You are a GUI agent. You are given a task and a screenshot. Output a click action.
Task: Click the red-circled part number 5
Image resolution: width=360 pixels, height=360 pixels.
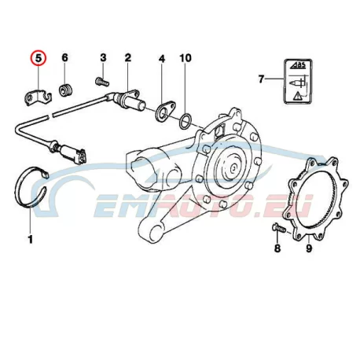click(x=39, y=58)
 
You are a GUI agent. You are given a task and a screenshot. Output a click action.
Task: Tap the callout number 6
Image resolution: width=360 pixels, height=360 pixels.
click(x=64, y=57)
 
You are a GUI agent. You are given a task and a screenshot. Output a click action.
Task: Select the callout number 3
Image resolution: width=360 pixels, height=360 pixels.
click(x=103, y=57)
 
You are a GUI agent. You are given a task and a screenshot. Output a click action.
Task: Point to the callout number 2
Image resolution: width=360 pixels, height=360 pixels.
click(x=128, y=57)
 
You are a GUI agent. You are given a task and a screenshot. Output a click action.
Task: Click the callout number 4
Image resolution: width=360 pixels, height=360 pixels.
click(x=162, y=59)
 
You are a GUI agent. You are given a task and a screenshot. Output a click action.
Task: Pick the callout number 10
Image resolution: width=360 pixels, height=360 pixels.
click(x=186, y=58)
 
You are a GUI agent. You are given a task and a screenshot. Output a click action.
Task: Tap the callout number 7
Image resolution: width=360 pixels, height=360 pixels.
click(x=261, y=79)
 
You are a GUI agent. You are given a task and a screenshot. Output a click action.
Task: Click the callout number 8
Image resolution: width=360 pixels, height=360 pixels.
click(x=277, y=248)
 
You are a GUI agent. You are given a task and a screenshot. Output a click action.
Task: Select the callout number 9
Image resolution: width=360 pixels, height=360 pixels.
click(x=309, y=248)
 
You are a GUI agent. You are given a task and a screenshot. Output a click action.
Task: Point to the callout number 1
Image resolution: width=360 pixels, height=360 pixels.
click(x=31, y=239)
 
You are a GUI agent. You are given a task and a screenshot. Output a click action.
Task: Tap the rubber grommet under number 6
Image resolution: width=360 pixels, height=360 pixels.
click(x=65, y=90)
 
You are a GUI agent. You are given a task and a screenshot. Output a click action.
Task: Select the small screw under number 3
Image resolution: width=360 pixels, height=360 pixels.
click(x=102, y=81)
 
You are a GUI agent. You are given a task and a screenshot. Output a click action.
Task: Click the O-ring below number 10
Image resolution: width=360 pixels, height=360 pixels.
click(x=186, y=121)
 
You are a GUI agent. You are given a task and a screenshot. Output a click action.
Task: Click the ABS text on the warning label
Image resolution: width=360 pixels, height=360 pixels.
click(x=299, y=65)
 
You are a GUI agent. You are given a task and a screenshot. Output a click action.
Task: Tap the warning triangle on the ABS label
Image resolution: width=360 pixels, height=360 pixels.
click(x=298, y=96)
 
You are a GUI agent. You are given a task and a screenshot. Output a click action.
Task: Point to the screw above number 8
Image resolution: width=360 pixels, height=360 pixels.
click(x=279, y=227)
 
